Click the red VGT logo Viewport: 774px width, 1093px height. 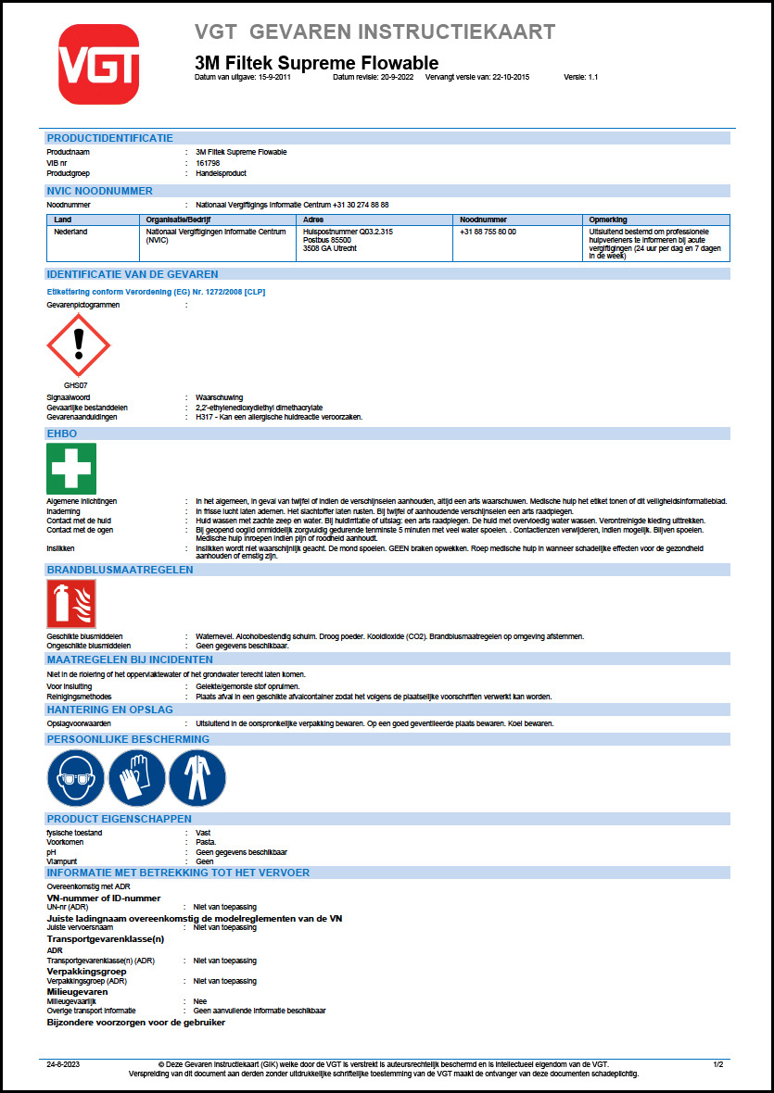click(x=99, y=64)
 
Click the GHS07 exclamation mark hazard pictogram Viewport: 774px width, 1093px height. click(x=79, y=345)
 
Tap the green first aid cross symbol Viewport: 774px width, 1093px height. click(x=71, y=468)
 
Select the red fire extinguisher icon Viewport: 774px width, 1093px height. click(x=71, y=604)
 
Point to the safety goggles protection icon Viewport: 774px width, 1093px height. click(x=75, y=776)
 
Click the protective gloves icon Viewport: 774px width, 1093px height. click(x=136, y=776)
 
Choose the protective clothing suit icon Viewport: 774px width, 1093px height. click(x=197, y=776)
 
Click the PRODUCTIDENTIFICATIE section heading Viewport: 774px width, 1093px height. click(x=110, y=138)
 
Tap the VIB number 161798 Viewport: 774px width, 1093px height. click(x=208, y=163)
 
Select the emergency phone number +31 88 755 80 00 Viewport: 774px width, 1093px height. click(x=488, y=232)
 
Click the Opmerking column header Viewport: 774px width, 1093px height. click(x=608, y=220)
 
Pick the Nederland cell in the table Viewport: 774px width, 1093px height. click(x=70, y=232)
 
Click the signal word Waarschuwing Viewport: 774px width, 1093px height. click(x=220, y=397)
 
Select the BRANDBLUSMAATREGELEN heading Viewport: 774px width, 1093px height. click(x=121, y=570)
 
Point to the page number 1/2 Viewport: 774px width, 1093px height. click(x=717, y=1065)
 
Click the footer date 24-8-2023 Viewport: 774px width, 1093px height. click(x=58, y=1065)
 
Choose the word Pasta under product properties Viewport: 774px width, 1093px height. click(x=206, y=842)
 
